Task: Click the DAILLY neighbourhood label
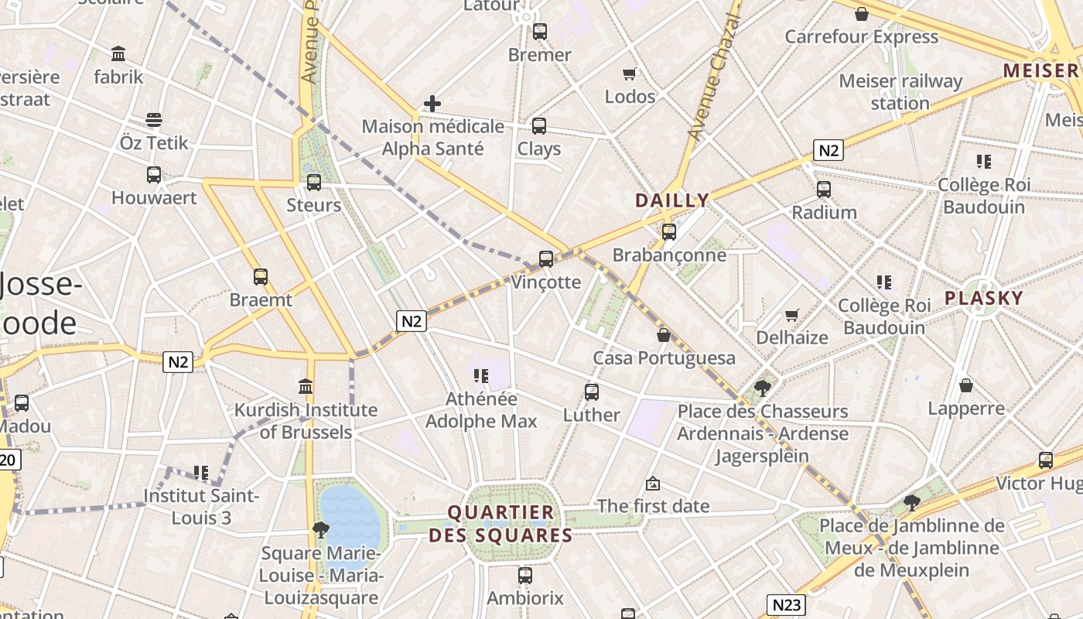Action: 671,200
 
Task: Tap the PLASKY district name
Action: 983,298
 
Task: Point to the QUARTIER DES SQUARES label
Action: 501,524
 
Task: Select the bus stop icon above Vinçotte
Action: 546,259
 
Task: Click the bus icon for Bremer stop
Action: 540,32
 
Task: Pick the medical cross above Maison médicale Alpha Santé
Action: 432,103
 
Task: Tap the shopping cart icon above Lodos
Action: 630,74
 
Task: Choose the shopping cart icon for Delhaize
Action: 791,315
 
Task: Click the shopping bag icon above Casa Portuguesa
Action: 664,335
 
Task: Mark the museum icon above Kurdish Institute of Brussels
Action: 306,387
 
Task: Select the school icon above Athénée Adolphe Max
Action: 481,376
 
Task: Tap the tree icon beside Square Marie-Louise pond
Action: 320,530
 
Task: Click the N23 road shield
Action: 787,604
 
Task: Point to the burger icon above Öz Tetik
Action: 154,120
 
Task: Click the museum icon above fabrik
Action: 118,54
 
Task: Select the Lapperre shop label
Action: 966,408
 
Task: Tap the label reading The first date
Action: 653,506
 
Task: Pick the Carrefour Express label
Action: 861,36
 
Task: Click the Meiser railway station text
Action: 900,91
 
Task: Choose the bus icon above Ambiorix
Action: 525,576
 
